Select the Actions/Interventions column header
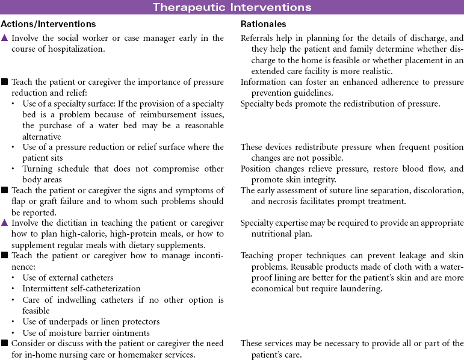click(48, 24)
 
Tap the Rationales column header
click(264, 24)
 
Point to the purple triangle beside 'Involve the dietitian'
click(5, 223)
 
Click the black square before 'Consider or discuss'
click(5, 343)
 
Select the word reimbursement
click(140, 114)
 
